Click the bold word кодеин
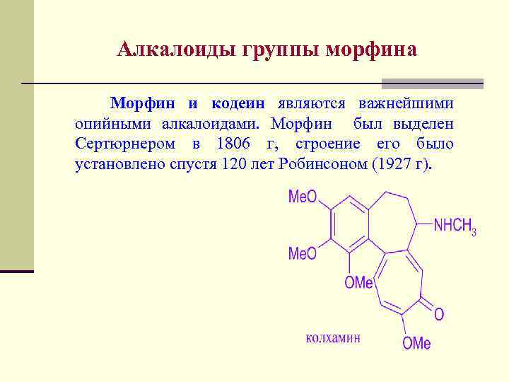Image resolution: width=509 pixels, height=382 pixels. (x=237, y=104)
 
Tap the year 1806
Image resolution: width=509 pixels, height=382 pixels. (x=233, y=144)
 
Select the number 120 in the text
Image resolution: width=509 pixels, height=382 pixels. (x=233, y=165)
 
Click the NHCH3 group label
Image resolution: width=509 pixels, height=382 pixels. (x=455, y=226)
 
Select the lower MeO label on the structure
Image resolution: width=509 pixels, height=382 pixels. (x=303, y=253)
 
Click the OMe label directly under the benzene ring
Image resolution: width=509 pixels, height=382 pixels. (x=358, y=283)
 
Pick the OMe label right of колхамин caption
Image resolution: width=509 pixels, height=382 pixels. (x=416, y=344)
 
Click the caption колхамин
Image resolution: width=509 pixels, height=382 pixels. (x=333, y=338)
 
